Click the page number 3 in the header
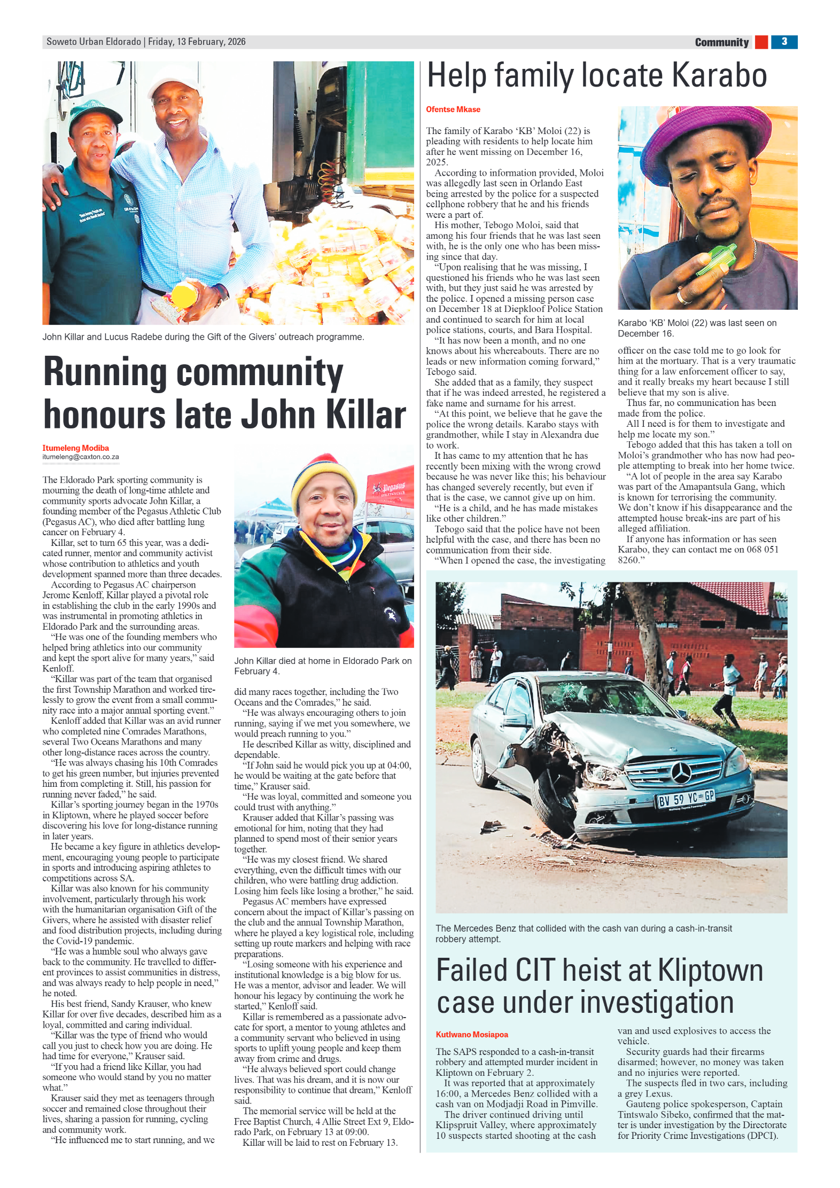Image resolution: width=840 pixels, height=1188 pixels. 784,42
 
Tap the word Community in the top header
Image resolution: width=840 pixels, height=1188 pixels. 721,42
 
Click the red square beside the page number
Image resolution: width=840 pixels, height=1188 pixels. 761,42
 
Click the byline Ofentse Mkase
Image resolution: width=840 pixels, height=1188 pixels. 453,110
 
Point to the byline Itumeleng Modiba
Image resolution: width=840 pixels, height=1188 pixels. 75,448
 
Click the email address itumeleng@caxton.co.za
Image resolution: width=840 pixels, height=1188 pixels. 81,457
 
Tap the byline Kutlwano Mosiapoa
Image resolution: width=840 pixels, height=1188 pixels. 471,1034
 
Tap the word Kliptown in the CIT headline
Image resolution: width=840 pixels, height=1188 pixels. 710,970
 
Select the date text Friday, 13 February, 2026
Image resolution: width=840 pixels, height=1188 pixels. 197,42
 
